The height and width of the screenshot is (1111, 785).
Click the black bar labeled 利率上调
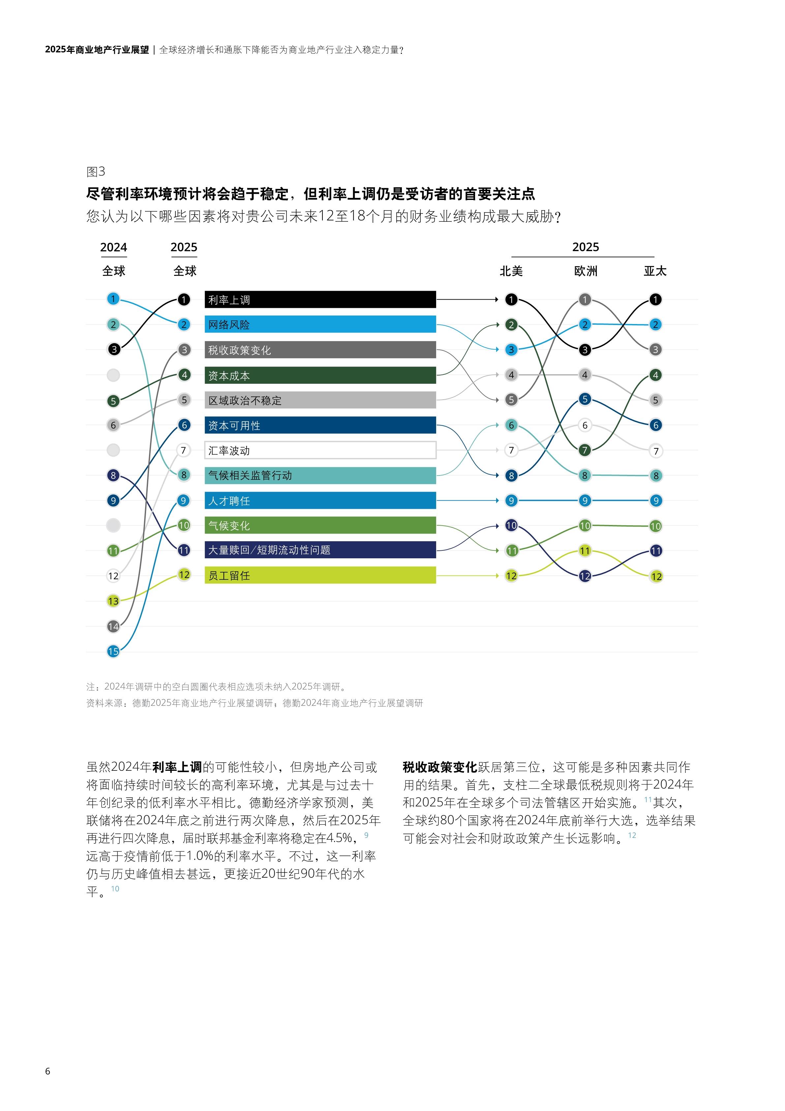[x=320, y=300]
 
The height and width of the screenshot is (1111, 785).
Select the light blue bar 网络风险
[x=320, y=324]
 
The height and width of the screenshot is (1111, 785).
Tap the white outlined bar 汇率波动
[x=320, y=450]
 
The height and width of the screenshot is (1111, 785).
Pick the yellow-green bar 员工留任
[x=320, y=575]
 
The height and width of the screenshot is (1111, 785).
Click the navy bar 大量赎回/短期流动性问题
[x=320, y=550]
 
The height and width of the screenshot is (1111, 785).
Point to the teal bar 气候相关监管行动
[x=320, y=475]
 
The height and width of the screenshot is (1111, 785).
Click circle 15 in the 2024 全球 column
[x=113, y=651]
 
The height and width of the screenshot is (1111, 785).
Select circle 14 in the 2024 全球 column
[x=113, y=626]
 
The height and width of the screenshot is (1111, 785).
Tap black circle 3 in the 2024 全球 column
[x=114, y=349]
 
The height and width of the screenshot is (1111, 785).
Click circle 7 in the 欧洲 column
[x=585, y=450]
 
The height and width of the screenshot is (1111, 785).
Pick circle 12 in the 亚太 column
[x=656, y=576]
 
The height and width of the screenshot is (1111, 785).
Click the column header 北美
[x=511, y=271]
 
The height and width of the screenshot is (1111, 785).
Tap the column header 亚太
[x=655, y=271]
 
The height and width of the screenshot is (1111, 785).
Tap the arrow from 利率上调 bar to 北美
[x=467, y=300]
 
